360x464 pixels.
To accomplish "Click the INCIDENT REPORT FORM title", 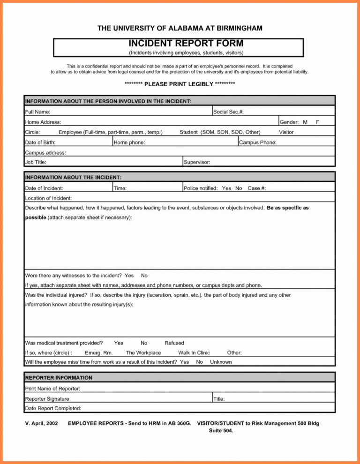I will click(180, 44).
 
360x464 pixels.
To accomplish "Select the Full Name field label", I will click(37, 112).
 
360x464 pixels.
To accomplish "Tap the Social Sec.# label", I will click(228, 112).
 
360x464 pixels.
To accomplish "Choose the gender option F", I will click(318, 122).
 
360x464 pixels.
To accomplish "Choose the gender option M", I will click(305, 122).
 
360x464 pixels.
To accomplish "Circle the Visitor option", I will click(286, 132).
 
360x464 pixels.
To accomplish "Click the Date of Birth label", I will click(40, 142).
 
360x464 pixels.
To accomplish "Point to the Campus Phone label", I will click(258, 142).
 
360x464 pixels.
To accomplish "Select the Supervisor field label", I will click(197, 162).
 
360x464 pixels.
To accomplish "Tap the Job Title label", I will click(35, 162).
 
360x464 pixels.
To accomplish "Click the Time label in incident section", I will click(120, 188).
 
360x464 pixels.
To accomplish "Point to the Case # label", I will click(257, 188).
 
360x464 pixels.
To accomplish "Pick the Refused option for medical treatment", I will click(174, 343).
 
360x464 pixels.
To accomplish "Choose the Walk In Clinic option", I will click(194, 353).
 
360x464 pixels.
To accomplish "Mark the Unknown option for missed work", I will click(221, 362).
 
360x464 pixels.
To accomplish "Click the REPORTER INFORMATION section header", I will click(58, 378).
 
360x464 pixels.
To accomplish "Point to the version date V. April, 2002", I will click(41, 424).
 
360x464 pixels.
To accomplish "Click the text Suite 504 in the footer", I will click(221, 432).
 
